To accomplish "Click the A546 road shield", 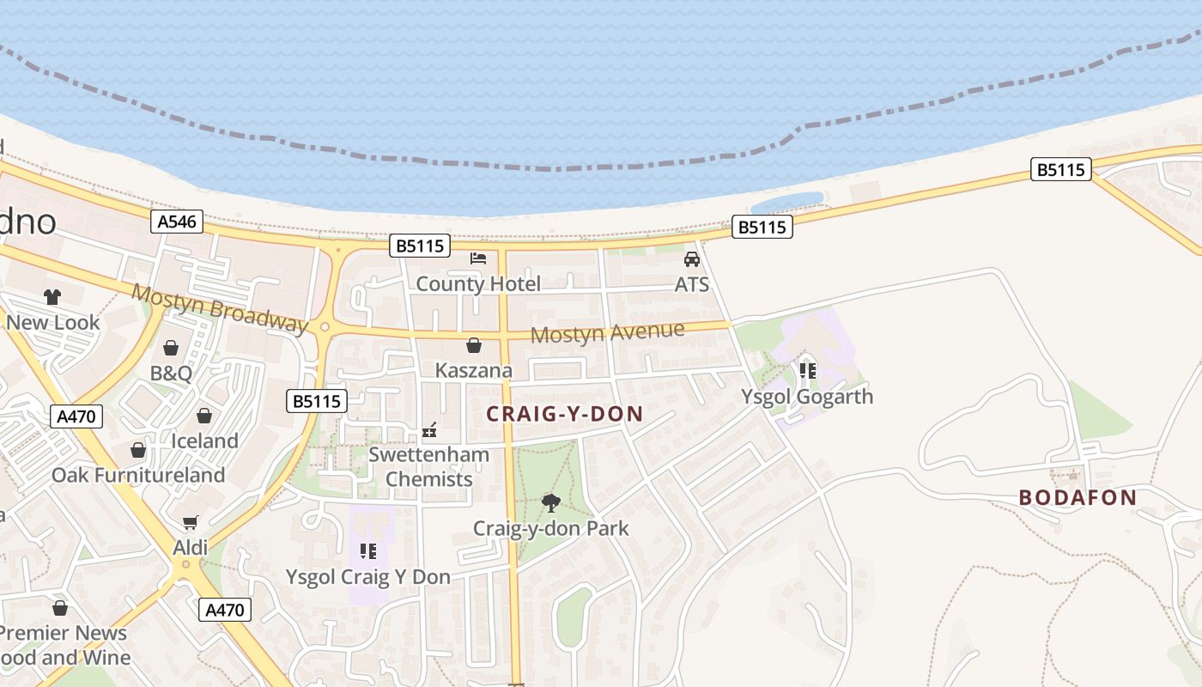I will pos(178,222).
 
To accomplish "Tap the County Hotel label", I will pos(478,283).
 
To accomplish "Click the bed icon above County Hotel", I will pos(478,258).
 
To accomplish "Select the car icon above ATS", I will pos(691,258).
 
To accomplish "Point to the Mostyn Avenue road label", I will pos(607,331).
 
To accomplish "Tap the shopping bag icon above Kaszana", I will pos(473,345).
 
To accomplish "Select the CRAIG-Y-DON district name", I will pos(564,414).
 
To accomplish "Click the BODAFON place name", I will pos(1078,497).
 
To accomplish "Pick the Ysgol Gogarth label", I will pos(807,397).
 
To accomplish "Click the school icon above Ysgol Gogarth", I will pos(807,370).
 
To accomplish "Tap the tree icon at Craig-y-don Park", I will pos(550,502).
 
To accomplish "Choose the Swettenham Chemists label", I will pos(428,466).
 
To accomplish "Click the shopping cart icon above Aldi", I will pos(191,522).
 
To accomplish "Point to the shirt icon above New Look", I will pos(52,297).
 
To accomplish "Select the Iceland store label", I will pos(204,441).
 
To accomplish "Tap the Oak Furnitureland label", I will pos(138,475).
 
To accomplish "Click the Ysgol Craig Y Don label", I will pos(367,577).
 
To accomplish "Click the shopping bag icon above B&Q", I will pos(171,348).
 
